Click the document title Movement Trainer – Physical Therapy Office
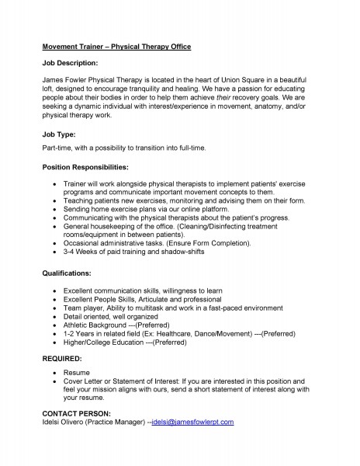coord(116,47)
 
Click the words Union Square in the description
coord(240,80)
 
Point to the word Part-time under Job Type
coord(57,148)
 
